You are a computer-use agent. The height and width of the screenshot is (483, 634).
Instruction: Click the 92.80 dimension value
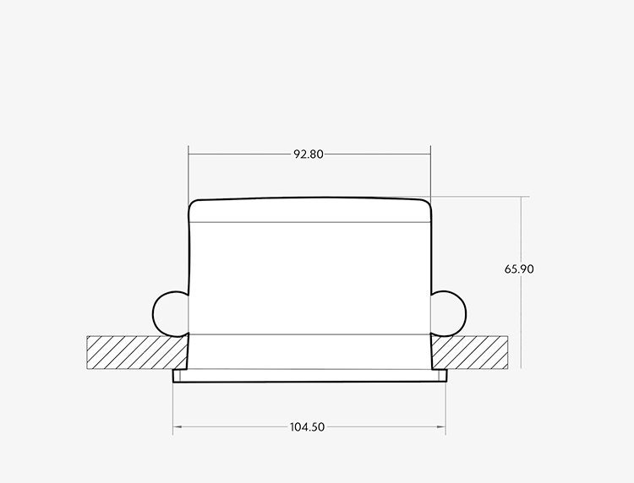pyautogui.click(x=308, y=155)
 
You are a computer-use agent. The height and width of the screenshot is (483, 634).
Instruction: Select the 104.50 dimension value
pyautogui.click(x=308, y=427)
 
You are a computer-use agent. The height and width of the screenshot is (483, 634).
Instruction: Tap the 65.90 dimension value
pyautogui.click(x=519, y=269)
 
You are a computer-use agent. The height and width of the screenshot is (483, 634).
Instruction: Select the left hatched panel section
pyautogui.click(x=137, y=353)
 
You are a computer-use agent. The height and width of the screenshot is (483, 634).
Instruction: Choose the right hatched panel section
pyautogui.click(x=469, y=353)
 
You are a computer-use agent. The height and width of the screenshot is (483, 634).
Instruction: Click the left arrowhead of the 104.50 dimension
pyautogui.click(x=177, y=427)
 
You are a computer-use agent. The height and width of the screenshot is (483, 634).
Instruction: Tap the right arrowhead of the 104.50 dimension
pyautogui.click(x=442, y=427)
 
